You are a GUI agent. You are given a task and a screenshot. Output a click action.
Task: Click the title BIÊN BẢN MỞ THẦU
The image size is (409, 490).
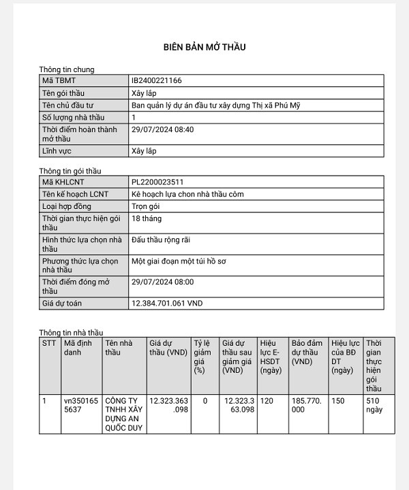[204, 47]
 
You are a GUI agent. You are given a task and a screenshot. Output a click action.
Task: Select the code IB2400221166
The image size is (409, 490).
[156, 80]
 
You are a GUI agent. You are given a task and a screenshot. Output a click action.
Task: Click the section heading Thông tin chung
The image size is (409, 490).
[67, 69]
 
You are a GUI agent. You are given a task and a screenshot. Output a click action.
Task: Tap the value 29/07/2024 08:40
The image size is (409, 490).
[162, 129]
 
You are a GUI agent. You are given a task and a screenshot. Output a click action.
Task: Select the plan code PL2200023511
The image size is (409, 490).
[157, 182]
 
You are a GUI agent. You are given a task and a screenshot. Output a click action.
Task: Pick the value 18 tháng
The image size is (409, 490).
[147, 218]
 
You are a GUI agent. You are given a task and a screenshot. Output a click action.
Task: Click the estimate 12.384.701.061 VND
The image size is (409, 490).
[167, 303]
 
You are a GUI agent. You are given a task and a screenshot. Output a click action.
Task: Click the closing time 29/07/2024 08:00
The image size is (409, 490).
[162, 282]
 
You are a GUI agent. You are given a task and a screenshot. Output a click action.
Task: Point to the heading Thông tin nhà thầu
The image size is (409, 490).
[71, 332]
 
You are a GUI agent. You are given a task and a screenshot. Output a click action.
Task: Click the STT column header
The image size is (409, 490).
[49, 343]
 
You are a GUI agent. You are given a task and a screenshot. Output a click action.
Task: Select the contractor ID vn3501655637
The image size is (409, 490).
[80, 405]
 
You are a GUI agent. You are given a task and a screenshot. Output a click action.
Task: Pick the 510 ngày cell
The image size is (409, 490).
[374, 405]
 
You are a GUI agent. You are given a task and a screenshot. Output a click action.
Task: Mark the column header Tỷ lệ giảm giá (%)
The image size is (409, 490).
[202, 357]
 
